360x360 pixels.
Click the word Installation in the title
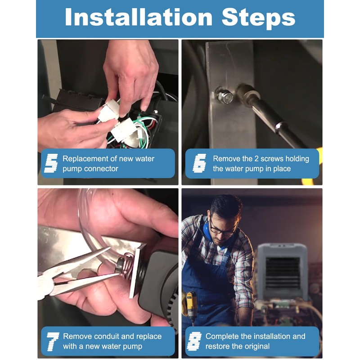139,17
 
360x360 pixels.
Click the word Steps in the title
258,18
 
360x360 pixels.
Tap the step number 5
51,163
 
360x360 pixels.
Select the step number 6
199,163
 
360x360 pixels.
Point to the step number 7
52,342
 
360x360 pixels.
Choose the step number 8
194,341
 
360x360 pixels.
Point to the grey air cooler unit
283,272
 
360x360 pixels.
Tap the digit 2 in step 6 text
256,159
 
